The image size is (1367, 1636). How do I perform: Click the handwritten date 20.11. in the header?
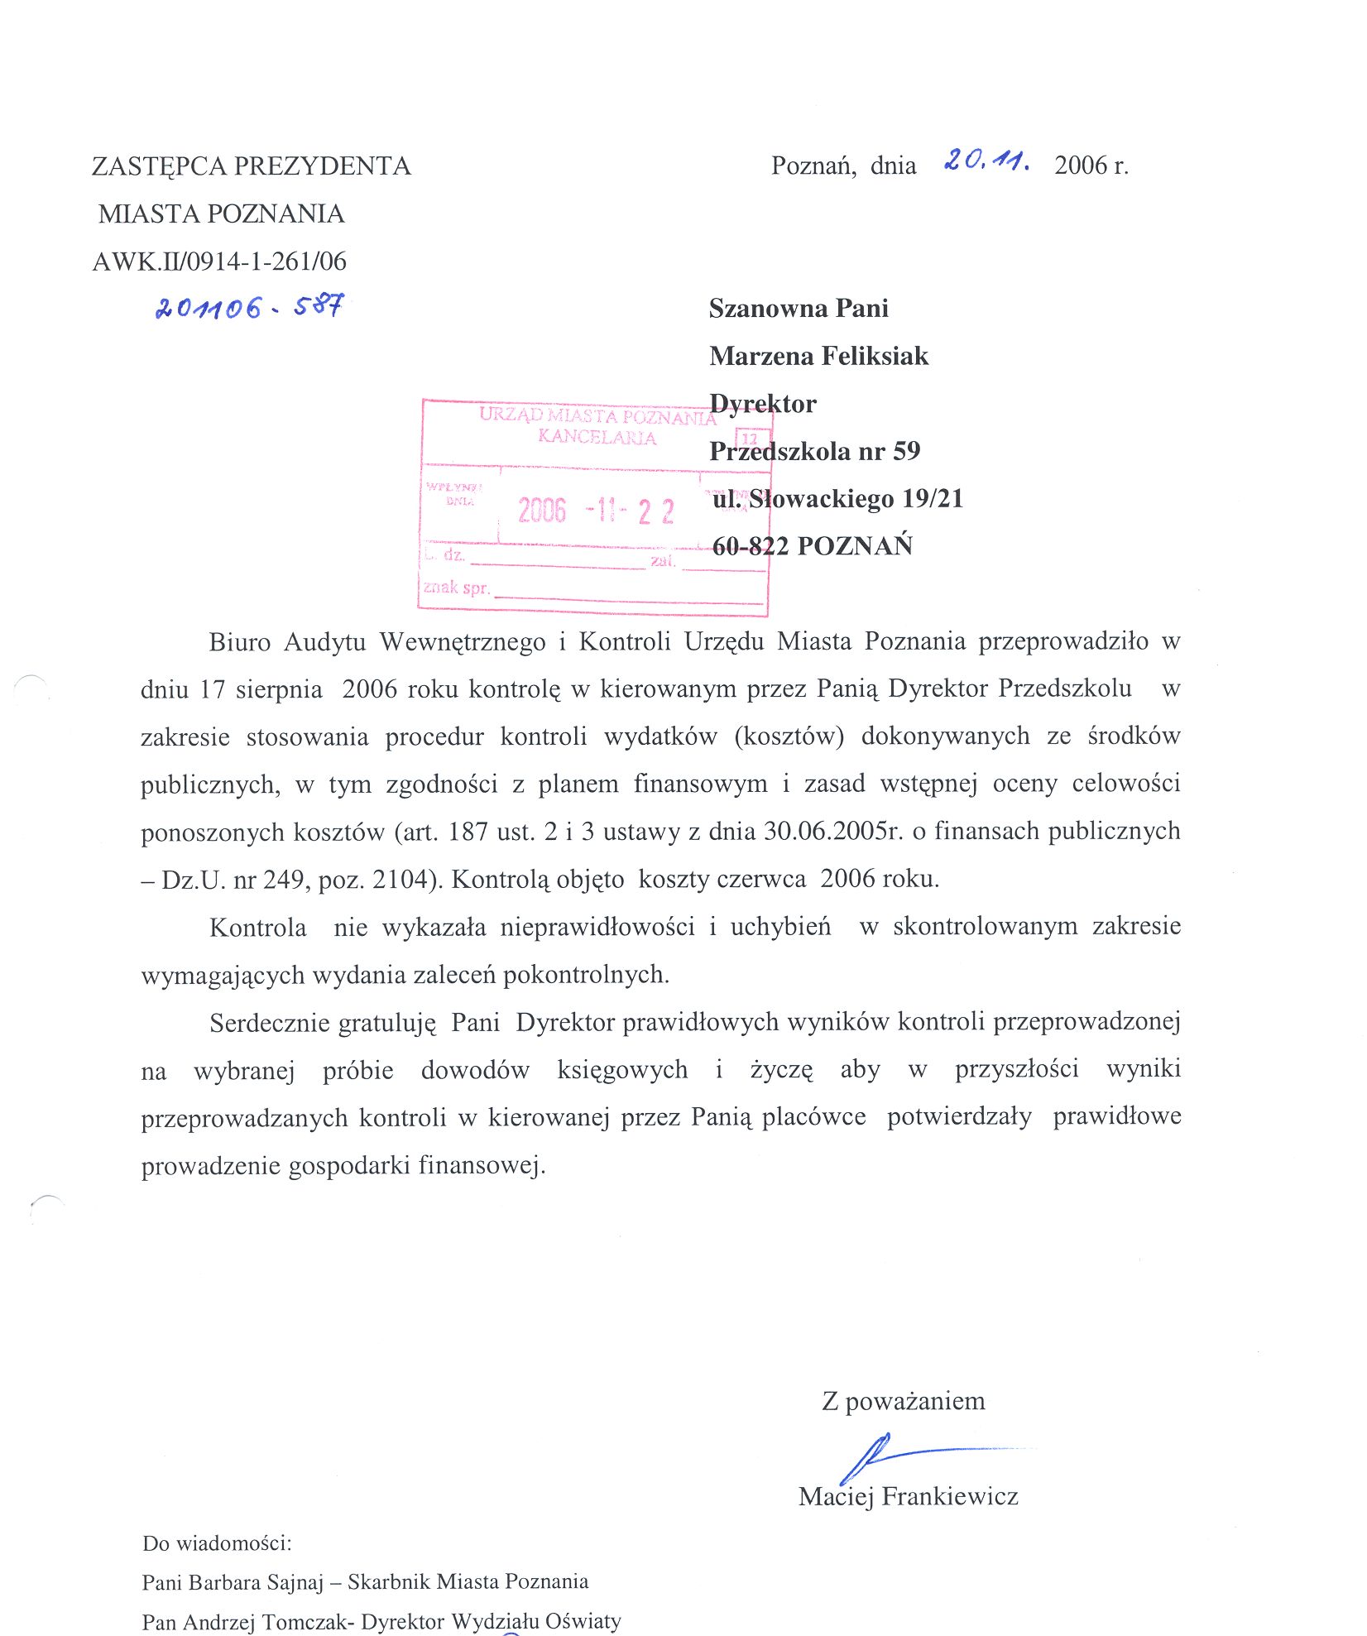pos(986,160)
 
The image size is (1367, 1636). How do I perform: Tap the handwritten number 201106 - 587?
pos(249,308)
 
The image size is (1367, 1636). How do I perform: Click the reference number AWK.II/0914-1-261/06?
pos(219,261)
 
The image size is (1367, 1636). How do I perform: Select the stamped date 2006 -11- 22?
pos(596,511)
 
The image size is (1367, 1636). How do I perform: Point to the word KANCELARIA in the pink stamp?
pos(597,437)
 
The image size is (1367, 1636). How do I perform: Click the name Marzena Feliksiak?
pos(818,356)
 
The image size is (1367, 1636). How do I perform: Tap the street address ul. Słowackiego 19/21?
pos(837,498)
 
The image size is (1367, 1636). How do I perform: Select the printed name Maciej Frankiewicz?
pos(908,1496)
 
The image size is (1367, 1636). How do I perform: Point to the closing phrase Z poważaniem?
pos(903,1401)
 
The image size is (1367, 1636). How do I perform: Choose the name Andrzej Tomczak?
pos(263,1621)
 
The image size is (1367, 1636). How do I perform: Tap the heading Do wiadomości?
pos(217,1543)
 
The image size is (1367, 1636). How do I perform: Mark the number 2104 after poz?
pos(401,879)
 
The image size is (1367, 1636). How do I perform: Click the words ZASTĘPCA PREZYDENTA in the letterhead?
pos(251,166)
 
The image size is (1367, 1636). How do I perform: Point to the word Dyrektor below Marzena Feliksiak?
pos(762,404)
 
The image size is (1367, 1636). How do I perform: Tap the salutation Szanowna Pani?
pos(799,309)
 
